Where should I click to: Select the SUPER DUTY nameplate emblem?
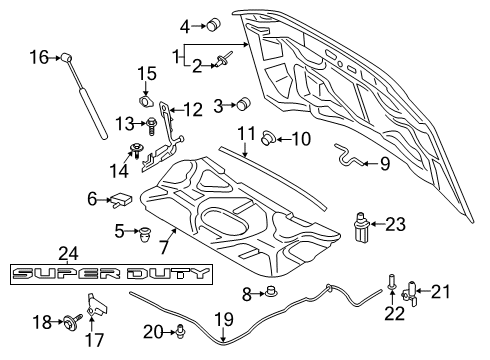tap(112, 274)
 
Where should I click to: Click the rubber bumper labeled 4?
tap(212, 24)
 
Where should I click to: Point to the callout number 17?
tap(95, 339)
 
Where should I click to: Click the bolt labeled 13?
tap(150, 126)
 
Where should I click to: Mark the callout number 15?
tap(147, 73)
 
